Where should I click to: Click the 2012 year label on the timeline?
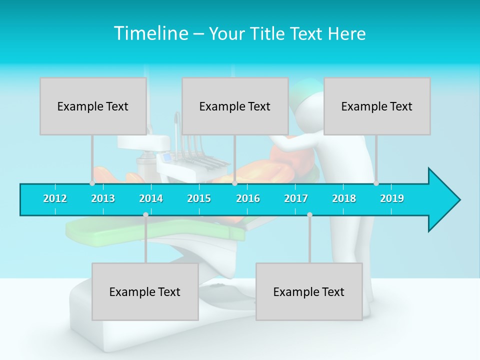point(55,198)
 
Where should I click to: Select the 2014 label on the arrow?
point(151,198)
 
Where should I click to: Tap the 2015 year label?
point(199,198)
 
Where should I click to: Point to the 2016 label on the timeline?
point(248,198)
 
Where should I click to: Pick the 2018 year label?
point(344,198)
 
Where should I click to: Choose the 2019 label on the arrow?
point(392,198)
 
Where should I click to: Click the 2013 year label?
point(103,198)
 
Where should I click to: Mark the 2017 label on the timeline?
point(296,198)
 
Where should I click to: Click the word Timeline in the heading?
point(150,33)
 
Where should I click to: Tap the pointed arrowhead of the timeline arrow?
point(447,200)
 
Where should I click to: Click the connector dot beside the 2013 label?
point(92,183)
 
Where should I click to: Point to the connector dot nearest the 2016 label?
point(234,183)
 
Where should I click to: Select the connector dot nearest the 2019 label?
point(376,183)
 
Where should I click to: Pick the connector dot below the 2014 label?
point(145,215)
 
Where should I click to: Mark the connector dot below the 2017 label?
point(309,215)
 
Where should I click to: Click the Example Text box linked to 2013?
point(93,106)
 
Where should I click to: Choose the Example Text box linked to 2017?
point(309,291)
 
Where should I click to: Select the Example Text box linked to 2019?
point(377,106)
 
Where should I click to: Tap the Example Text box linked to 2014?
point(145,291)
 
